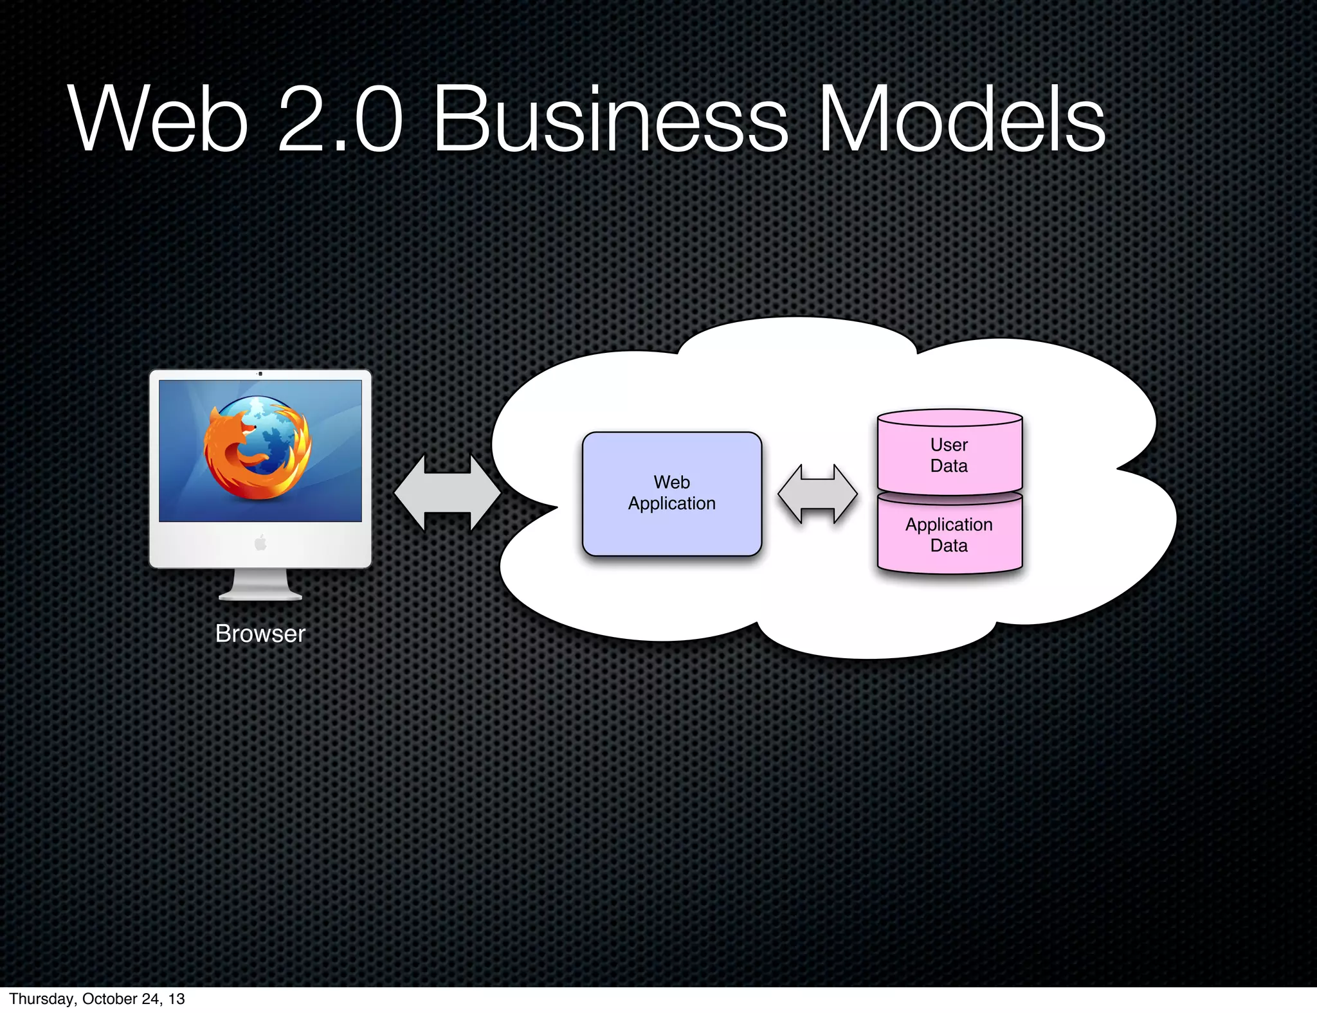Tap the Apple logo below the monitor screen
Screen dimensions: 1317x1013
260,544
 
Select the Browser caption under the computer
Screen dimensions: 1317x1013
260,634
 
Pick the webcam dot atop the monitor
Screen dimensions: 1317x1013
260,373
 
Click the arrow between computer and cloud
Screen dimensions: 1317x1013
448,493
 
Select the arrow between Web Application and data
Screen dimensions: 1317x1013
817,494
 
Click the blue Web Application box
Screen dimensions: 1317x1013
672,527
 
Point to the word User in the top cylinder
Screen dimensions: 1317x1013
949,445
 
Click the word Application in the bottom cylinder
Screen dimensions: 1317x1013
949,524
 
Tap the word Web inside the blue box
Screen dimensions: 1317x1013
672,482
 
